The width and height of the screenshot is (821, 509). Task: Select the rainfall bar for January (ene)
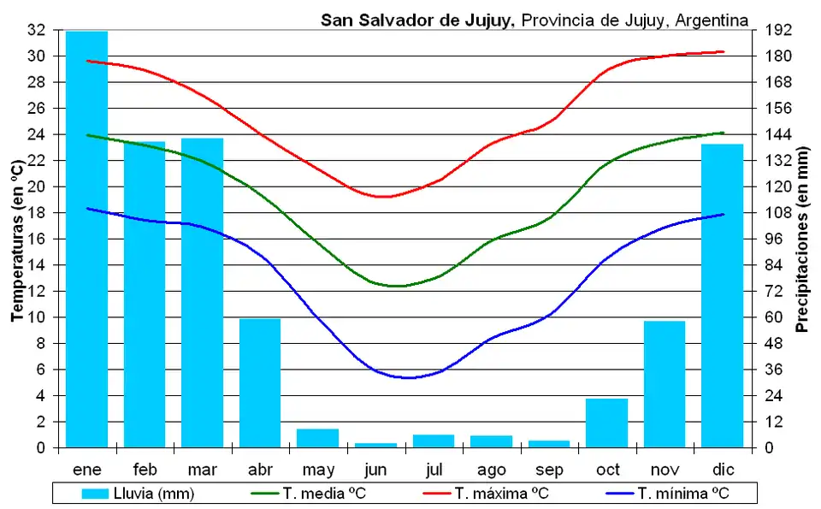(x=86, y=240)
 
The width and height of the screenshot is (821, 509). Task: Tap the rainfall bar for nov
(x=664, y=384)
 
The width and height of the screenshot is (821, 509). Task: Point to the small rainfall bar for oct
(x=606, y=423)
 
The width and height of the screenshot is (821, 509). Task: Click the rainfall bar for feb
(x=145, y=294)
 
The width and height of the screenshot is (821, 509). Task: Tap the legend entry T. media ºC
(x=311, y=494)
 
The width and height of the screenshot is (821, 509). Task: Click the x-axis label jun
(x=375, y=469)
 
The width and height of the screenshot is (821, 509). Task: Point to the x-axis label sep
(x=549, y=469)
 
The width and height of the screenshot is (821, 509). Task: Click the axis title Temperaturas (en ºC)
(x=16, y=240)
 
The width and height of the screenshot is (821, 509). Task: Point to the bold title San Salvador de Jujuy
(x=417, y=19)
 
